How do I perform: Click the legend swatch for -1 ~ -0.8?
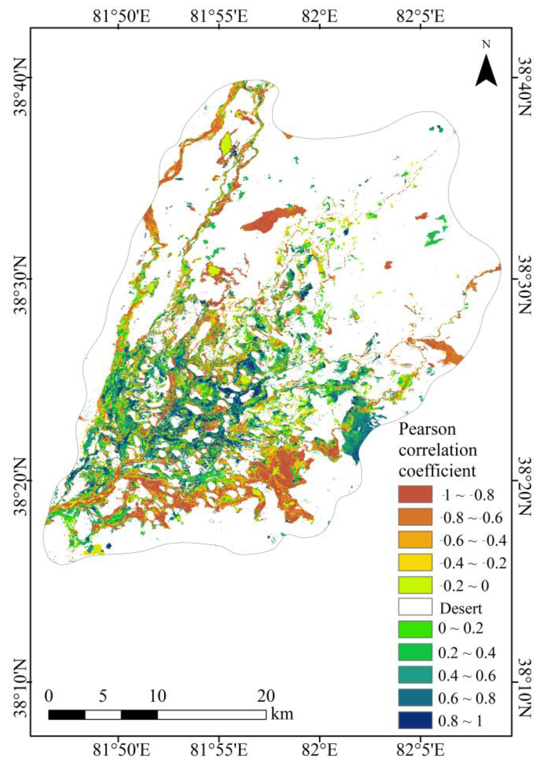(x=415, y=494)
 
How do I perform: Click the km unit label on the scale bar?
(x=282, y=703)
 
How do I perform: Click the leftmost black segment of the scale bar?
(x=67, y=703)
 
